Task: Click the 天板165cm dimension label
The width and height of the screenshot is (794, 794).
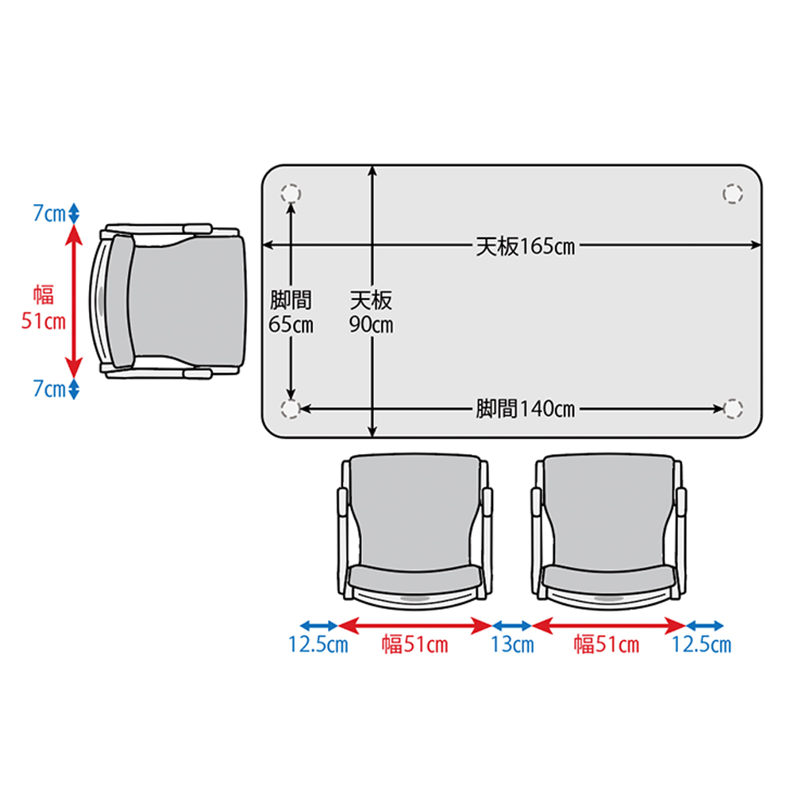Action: pyautogui.click(x=525, y=247)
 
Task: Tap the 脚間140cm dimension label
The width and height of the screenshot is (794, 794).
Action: pyautogui.click(x=525, y=409)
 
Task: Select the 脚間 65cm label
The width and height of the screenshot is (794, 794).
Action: pyautogui.click(x=291, y=312)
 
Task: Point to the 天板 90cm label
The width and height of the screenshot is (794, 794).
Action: pyautogui.click(x=371, y=312)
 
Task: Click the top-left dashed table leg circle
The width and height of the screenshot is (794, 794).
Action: pyautogui.click(x=291, y=194)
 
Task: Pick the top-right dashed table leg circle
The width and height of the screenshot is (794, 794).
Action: pyautogui.click(x=733, y=194)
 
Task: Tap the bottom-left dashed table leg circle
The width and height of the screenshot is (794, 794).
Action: pyautogui.click(x=291, y=409)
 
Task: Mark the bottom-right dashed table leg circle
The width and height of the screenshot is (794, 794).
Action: pyautogui.click(x=733, y=409)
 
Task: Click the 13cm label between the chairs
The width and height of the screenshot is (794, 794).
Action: pyautogui.click(x=512, y=645)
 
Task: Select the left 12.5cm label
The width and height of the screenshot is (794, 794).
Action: pyautogui.click(x=318, y=645)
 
